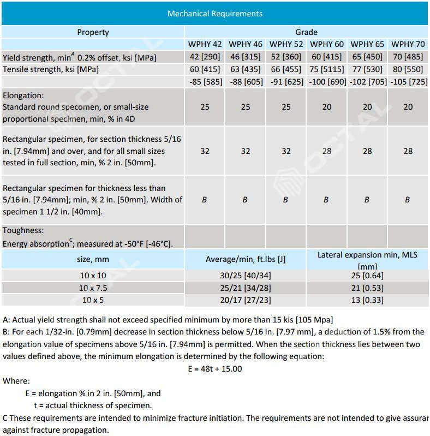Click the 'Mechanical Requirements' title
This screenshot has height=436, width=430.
[214, 13]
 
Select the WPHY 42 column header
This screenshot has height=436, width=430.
[205, 44]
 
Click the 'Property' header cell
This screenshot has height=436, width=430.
[93, 32]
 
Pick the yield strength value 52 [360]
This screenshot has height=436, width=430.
[286, 57]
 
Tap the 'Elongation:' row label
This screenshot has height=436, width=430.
[23, 95]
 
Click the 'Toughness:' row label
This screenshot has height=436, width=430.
[23, 231]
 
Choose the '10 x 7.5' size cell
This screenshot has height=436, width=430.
[93, 288]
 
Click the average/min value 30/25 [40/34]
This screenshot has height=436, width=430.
[245, 276]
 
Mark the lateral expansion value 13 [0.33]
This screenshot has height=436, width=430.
[368, 300]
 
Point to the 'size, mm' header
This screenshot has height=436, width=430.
[93, 259]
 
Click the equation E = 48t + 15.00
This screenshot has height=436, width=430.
[214, 368]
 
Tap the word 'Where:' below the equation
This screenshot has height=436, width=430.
[16, 381]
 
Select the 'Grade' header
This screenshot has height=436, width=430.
[306, 32]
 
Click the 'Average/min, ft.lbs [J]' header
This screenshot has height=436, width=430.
[245, 259]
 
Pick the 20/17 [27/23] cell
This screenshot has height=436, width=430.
[245, 300]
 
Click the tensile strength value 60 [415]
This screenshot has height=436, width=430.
[205, 69]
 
